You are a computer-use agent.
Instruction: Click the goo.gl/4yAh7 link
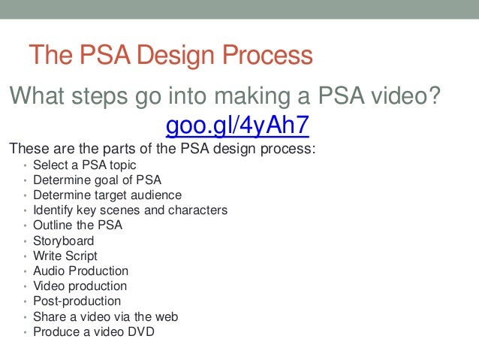(x=236, y=124)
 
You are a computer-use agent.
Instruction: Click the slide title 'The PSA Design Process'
(x=170, y=56)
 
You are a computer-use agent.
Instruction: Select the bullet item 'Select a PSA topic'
(x=85, y=165)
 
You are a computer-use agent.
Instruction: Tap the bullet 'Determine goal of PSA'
(x=97, y=180)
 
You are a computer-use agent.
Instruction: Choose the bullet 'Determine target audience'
(x=107, y=195)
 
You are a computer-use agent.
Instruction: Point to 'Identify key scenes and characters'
(x=130, y=210)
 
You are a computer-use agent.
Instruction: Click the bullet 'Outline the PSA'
(x=77, y=225)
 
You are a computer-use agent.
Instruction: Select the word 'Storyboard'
(x=64, y=241)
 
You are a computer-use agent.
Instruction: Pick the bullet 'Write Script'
(x=65, y=256)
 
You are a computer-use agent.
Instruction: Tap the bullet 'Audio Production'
(x=80, y=271)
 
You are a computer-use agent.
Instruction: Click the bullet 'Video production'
(x=80, y=286)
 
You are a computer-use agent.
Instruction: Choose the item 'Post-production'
(x=77, y=301)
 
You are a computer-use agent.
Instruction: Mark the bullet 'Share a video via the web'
(x=105, y=316)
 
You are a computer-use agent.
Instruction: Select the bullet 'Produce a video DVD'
(x=94, y=331)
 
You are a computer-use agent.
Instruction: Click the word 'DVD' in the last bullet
(x=140, y=331)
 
